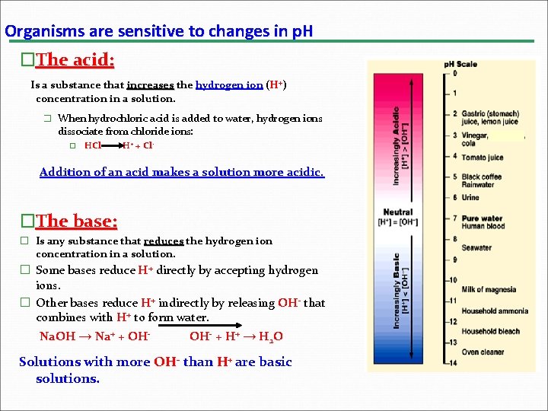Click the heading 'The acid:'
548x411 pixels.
coord(75,59)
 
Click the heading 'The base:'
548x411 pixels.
coord(76,221)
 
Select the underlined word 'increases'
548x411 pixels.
coord(150,85)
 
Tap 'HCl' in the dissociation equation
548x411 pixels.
coord(93,145)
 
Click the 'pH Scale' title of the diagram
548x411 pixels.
coord(460,64)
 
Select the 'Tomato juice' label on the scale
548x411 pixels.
coord(483,158)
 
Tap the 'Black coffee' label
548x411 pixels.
coord(482,177)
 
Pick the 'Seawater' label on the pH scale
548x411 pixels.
coord(476,247)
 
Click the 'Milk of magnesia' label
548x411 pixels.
coord(489,289)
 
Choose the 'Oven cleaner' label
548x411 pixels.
coord(482,352)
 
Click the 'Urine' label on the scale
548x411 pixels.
coord(470,198)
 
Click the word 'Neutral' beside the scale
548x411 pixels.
coord(397,212)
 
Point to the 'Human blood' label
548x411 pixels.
coord(483,226)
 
